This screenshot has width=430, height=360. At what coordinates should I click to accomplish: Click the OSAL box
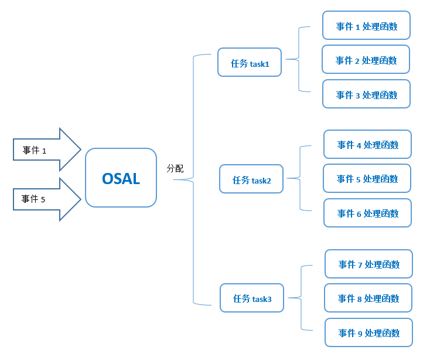click(x=121, y=178)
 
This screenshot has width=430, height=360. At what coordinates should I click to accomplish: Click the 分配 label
click(x=175, y=168)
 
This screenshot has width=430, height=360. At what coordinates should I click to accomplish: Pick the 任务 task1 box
click(x=250, y=63)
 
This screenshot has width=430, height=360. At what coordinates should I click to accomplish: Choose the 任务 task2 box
click(x=251, y=179)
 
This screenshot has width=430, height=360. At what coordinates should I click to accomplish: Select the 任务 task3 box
click(x=252, y=298)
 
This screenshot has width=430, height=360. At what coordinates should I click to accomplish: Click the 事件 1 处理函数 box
click(x=366, y=26)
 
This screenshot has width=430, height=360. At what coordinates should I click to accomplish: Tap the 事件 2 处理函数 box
click(x=366, y=60)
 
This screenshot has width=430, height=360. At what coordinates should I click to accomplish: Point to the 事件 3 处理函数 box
click(x=366, y=94)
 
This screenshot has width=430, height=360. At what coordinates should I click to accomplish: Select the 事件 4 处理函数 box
click(x=367, y=144)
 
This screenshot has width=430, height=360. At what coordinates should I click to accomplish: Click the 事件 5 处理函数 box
click(x=367, y=179)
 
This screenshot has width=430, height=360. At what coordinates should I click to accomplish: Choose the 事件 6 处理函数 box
click(x=367, y=213)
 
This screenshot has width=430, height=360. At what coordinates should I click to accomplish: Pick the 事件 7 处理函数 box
click(x=368, y=264)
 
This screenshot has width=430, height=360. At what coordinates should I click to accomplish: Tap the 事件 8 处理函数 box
click(x=368, y=298)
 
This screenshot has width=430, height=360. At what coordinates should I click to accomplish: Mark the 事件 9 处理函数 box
click(x=368, y=333)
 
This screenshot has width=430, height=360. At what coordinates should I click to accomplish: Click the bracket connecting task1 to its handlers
click(x=299, y=59)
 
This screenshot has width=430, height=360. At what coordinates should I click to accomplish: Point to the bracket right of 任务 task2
click(x=300, y=178)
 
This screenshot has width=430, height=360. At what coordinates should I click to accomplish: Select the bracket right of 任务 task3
click(x=301, y=298)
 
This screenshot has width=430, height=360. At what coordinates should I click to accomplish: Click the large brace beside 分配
click(x=193, y=179)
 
